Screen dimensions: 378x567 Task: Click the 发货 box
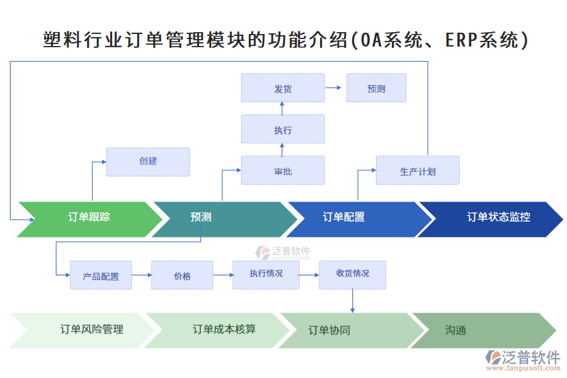[283, 88]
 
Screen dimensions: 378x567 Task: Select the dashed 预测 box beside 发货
[376, 88]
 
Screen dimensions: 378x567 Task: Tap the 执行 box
[283, 130]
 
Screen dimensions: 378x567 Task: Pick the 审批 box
[283, 171]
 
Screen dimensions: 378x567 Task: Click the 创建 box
[148, 161]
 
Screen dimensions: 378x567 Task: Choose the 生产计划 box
[418, 171]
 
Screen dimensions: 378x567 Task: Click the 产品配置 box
[101, 276]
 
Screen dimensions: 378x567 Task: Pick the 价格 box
[182, 276]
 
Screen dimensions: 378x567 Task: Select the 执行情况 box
[266, 274]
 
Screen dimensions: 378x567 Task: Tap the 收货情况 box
[352, 274]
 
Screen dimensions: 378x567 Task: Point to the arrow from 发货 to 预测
[335, 88]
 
